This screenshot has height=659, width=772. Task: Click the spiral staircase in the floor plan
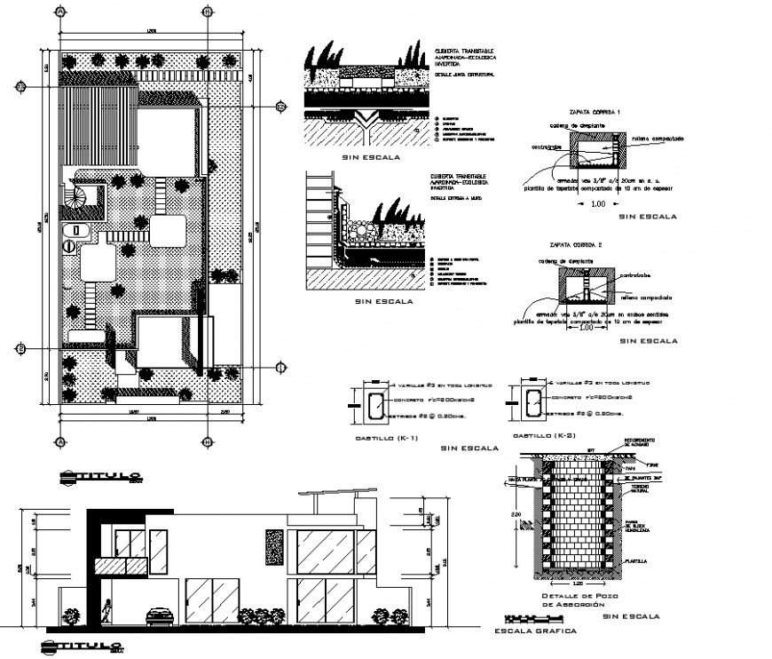[x=83, y=198]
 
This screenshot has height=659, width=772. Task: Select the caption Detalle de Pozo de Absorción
[x=571, y=600]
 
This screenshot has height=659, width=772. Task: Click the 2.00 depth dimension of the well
[x=516, y=513]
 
